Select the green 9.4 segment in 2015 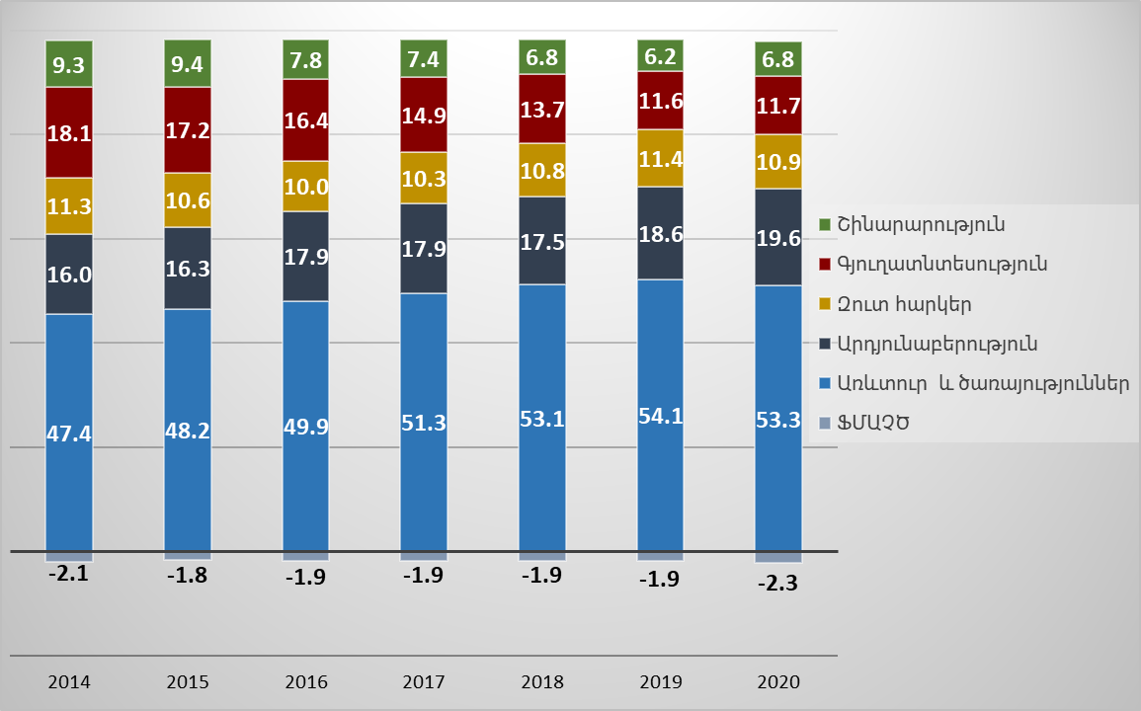188,63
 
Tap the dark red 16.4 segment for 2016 306,120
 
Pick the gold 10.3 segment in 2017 424,178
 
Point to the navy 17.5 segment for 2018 542,241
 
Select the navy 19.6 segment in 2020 778,237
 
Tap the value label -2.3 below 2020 777,583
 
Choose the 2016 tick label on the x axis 306,682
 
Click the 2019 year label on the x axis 660,682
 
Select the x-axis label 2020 778,682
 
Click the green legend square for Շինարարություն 826,224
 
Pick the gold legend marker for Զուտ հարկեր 826,304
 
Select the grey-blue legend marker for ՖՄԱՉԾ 826,424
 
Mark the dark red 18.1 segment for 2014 69,132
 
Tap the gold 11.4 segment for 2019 660,158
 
